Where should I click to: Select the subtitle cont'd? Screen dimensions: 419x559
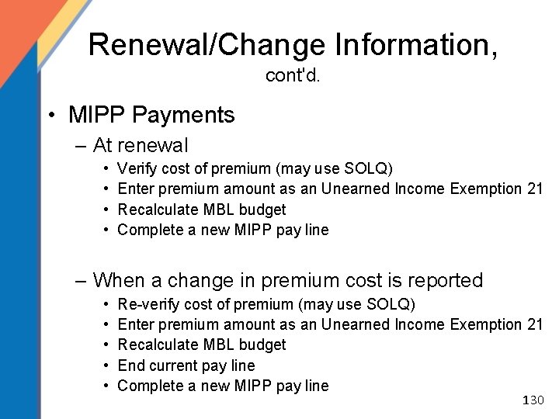(x=293, y=76)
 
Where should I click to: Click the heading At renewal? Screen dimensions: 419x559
(x=140, y=145)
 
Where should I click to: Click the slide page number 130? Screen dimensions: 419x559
(x=534, y=400)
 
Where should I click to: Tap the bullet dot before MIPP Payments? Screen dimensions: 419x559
(x=50, y=116)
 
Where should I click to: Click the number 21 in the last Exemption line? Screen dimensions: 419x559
(x=534, y=324)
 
